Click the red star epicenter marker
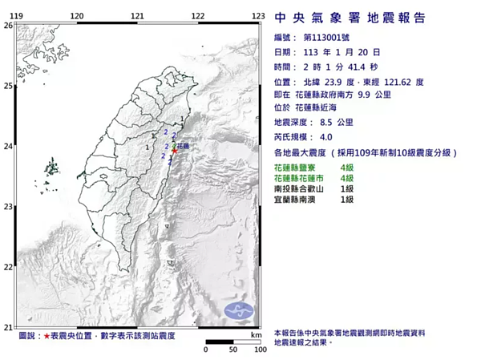(x=174, y=150)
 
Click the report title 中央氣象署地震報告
(x=350, y=18)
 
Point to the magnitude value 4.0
(x=326, y=136)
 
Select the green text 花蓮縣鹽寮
(x=301, y=167)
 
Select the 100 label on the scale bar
(x=260, y=350)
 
